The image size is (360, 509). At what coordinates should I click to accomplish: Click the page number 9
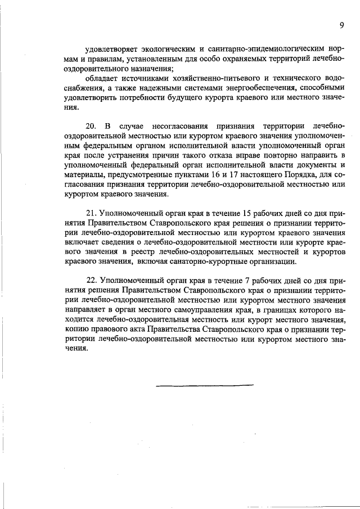tap(341, 25)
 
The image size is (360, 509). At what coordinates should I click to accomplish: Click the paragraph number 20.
tap(92, 124)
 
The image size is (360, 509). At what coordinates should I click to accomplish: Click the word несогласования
tap(178, 124)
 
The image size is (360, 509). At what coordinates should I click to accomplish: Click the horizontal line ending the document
tap(205, 385)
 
